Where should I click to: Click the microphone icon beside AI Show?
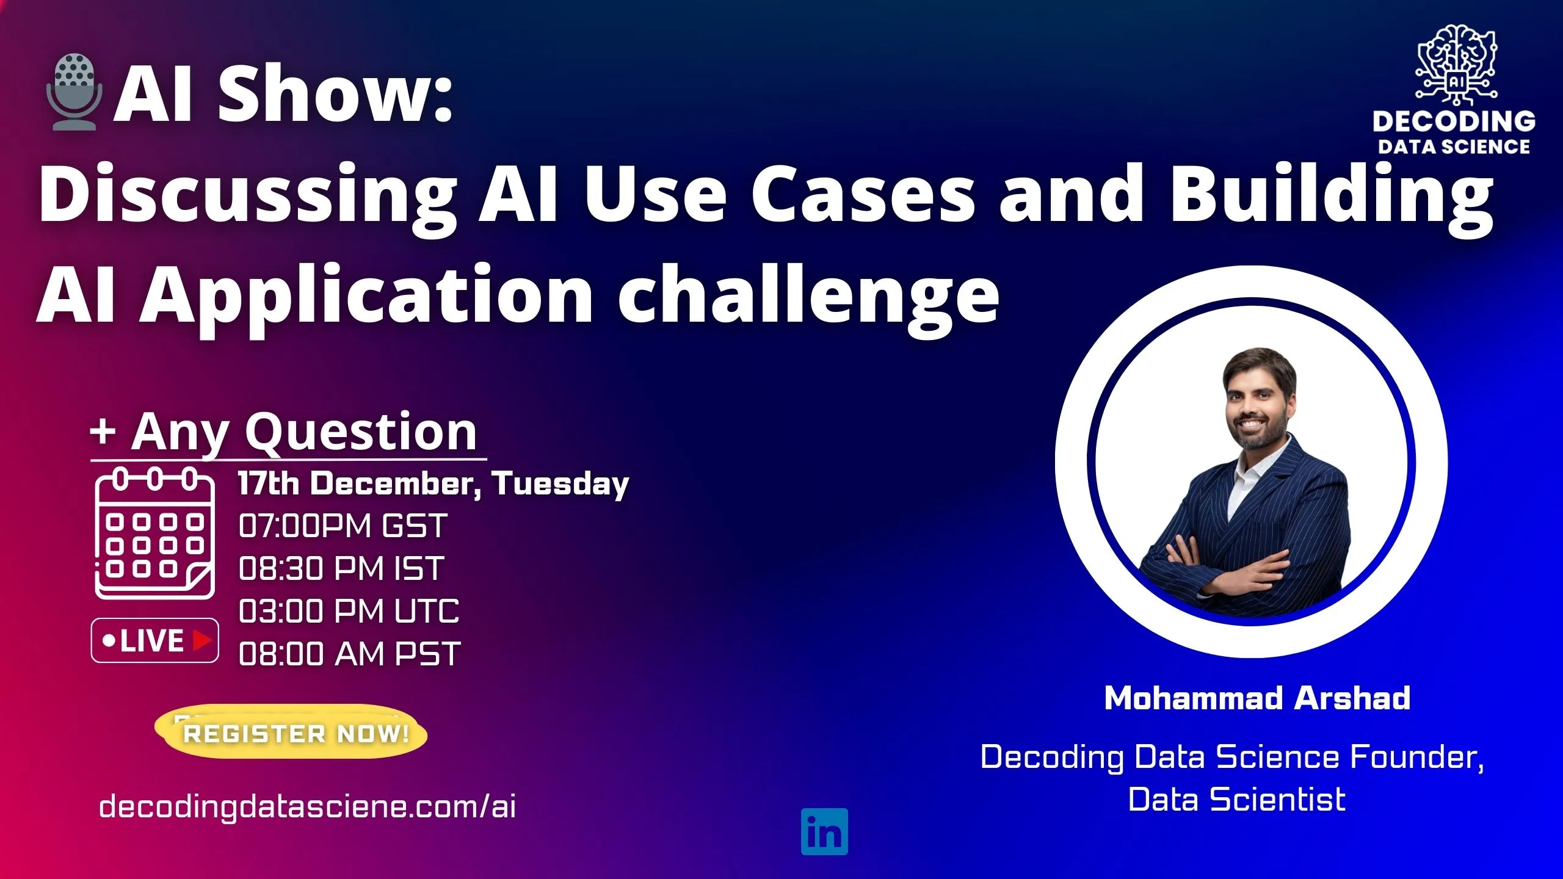pos(74,92)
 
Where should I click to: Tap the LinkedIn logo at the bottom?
pos(824,831)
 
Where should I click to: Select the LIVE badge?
pos(154,640)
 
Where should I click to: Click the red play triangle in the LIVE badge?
pos(201,640)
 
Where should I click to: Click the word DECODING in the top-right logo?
pos(1454,121)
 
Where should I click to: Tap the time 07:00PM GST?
pos(343,526)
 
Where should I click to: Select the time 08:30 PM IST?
pos(341,568)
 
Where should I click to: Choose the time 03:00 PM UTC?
pos(349,611)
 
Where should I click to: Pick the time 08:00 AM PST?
pos(349,654)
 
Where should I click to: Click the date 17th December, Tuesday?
pos(433,483)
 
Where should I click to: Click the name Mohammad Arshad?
pos(1257,698)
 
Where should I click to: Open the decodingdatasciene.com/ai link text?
pos(307,806)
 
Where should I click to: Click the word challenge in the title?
pos(808,296)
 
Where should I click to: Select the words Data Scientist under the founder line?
pos(1236,800)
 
